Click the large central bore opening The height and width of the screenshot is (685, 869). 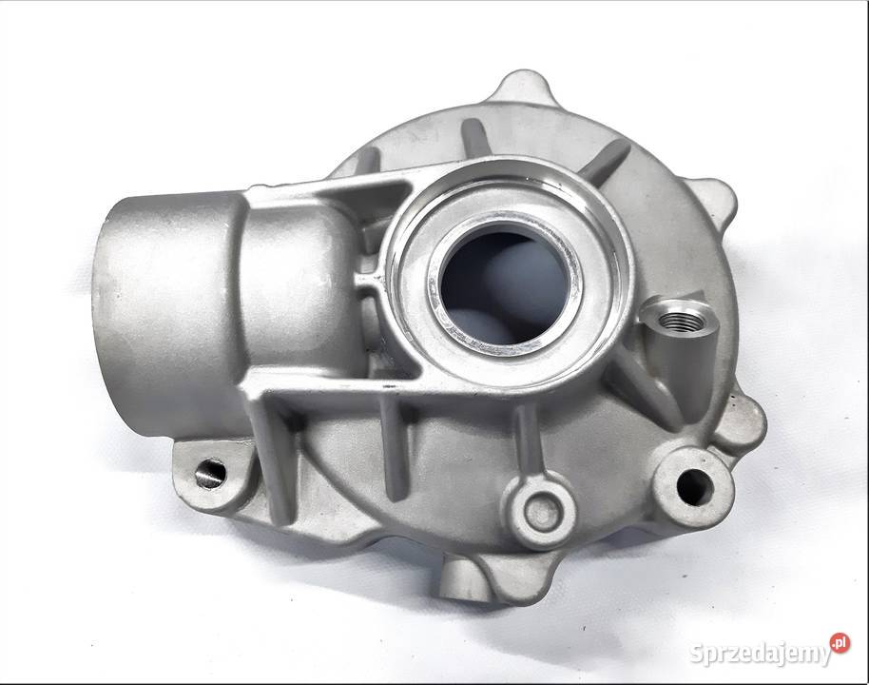[504, 286]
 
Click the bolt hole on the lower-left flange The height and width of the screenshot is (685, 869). [210, 472]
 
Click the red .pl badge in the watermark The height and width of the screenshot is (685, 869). [840, 643]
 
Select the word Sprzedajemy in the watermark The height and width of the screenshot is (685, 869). [757, 656]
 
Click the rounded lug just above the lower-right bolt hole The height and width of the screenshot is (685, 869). [744, 422]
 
